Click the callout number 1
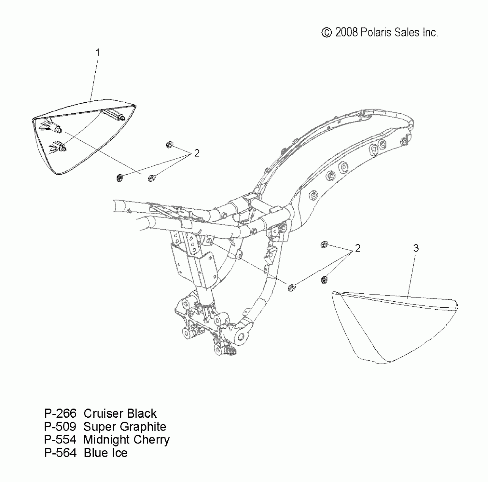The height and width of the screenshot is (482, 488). (98, 53)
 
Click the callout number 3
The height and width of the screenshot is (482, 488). (416, 248)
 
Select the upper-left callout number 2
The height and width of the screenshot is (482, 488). (197, 153)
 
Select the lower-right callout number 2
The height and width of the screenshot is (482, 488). (357, 248)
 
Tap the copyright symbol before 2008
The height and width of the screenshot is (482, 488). (327, 33)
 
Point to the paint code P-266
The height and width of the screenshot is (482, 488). (60, 414)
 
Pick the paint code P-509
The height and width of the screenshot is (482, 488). (60, 427)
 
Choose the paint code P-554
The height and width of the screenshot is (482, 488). (60, 440)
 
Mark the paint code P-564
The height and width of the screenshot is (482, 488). (60, 453)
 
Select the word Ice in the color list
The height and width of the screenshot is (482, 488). (119, 453)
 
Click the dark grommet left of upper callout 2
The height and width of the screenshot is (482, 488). (120, 178)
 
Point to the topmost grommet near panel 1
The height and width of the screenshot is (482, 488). (169, 145)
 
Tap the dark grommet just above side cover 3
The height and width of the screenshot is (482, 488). (324, 280)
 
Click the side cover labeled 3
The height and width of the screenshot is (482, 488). (392, 329)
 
